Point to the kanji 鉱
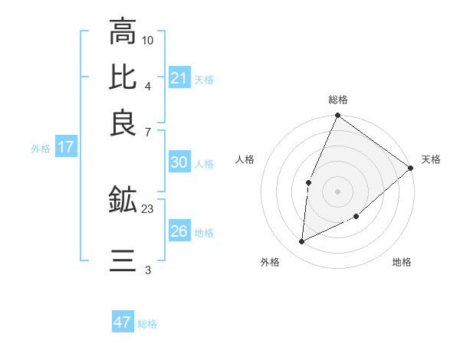click(123, 201)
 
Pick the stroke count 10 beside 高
click(148, 40)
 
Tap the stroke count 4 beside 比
click(148, 85)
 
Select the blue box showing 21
click(179, 78)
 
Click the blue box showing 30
click(179, 162)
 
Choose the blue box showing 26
click(179, 231)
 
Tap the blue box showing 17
click(65, 148)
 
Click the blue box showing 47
click(123, 322)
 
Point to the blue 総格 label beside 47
click(147, 324)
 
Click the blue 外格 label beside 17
click(41, 149)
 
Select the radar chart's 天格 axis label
click(431, 159)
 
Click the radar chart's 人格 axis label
click(245, 159)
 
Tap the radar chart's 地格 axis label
click(402, 263)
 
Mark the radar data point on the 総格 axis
click(337, 116)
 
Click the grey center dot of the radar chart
click(337, 191)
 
